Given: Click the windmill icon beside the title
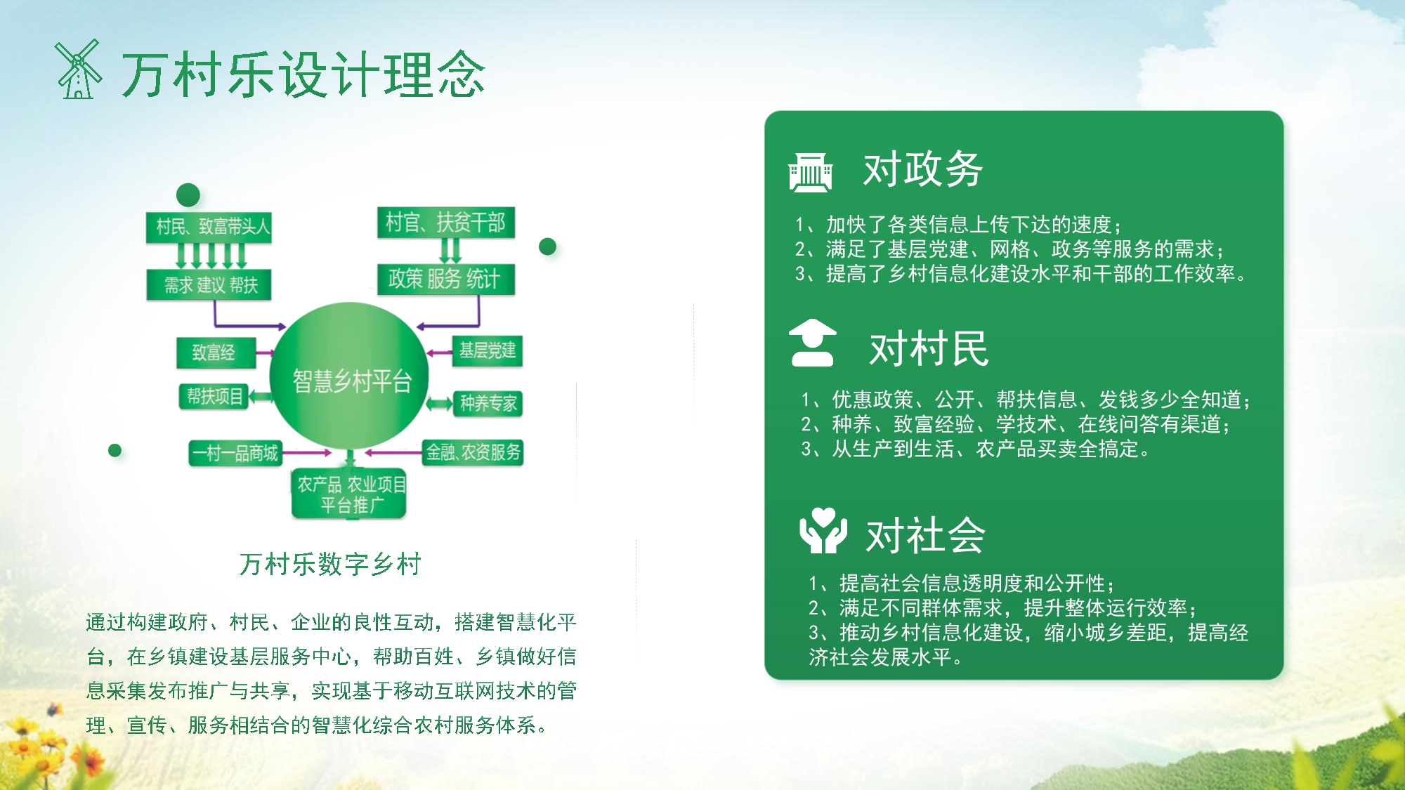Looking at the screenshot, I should point(78,70).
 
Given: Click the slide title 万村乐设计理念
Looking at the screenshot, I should point(303,74).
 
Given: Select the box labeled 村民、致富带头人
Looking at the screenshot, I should point(209,227).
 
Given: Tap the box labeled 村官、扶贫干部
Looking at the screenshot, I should point(446,223).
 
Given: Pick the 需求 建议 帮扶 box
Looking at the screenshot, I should point(209,285).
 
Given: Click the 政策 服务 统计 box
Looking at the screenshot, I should point(446,279).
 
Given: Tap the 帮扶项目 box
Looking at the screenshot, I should point(214,397).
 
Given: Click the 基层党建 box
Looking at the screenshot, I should point(487,350).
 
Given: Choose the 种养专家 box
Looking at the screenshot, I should point(488,403).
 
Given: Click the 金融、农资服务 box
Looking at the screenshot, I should point(473,452).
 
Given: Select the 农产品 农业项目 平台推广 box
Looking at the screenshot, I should point(350,494).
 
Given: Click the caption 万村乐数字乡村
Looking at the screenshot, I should point(330,564).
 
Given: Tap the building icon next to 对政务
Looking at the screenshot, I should point(811,171).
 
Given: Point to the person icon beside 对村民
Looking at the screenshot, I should point(813,343).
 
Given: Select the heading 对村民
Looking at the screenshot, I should point(929,349).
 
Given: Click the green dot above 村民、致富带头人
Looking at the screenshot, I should point(188,195).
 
